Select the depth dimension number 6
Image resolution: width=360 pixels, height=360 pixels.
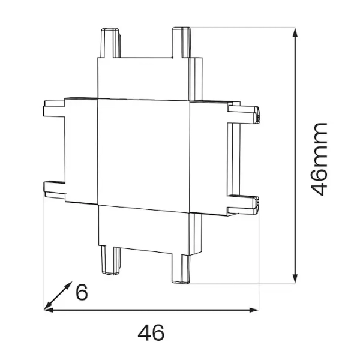[x=82, y=292]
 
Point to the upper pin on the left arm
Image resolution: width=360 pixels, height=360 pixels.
[x=54, y=109]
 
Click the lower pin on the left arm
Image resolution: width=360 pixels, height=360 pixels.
[x=54, y=189]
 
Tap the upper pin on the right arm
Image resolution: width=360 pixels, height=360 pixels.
[x=246, y=113]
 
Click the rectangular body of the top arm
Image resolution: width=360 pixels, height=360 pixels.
[x=144, y=78]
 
